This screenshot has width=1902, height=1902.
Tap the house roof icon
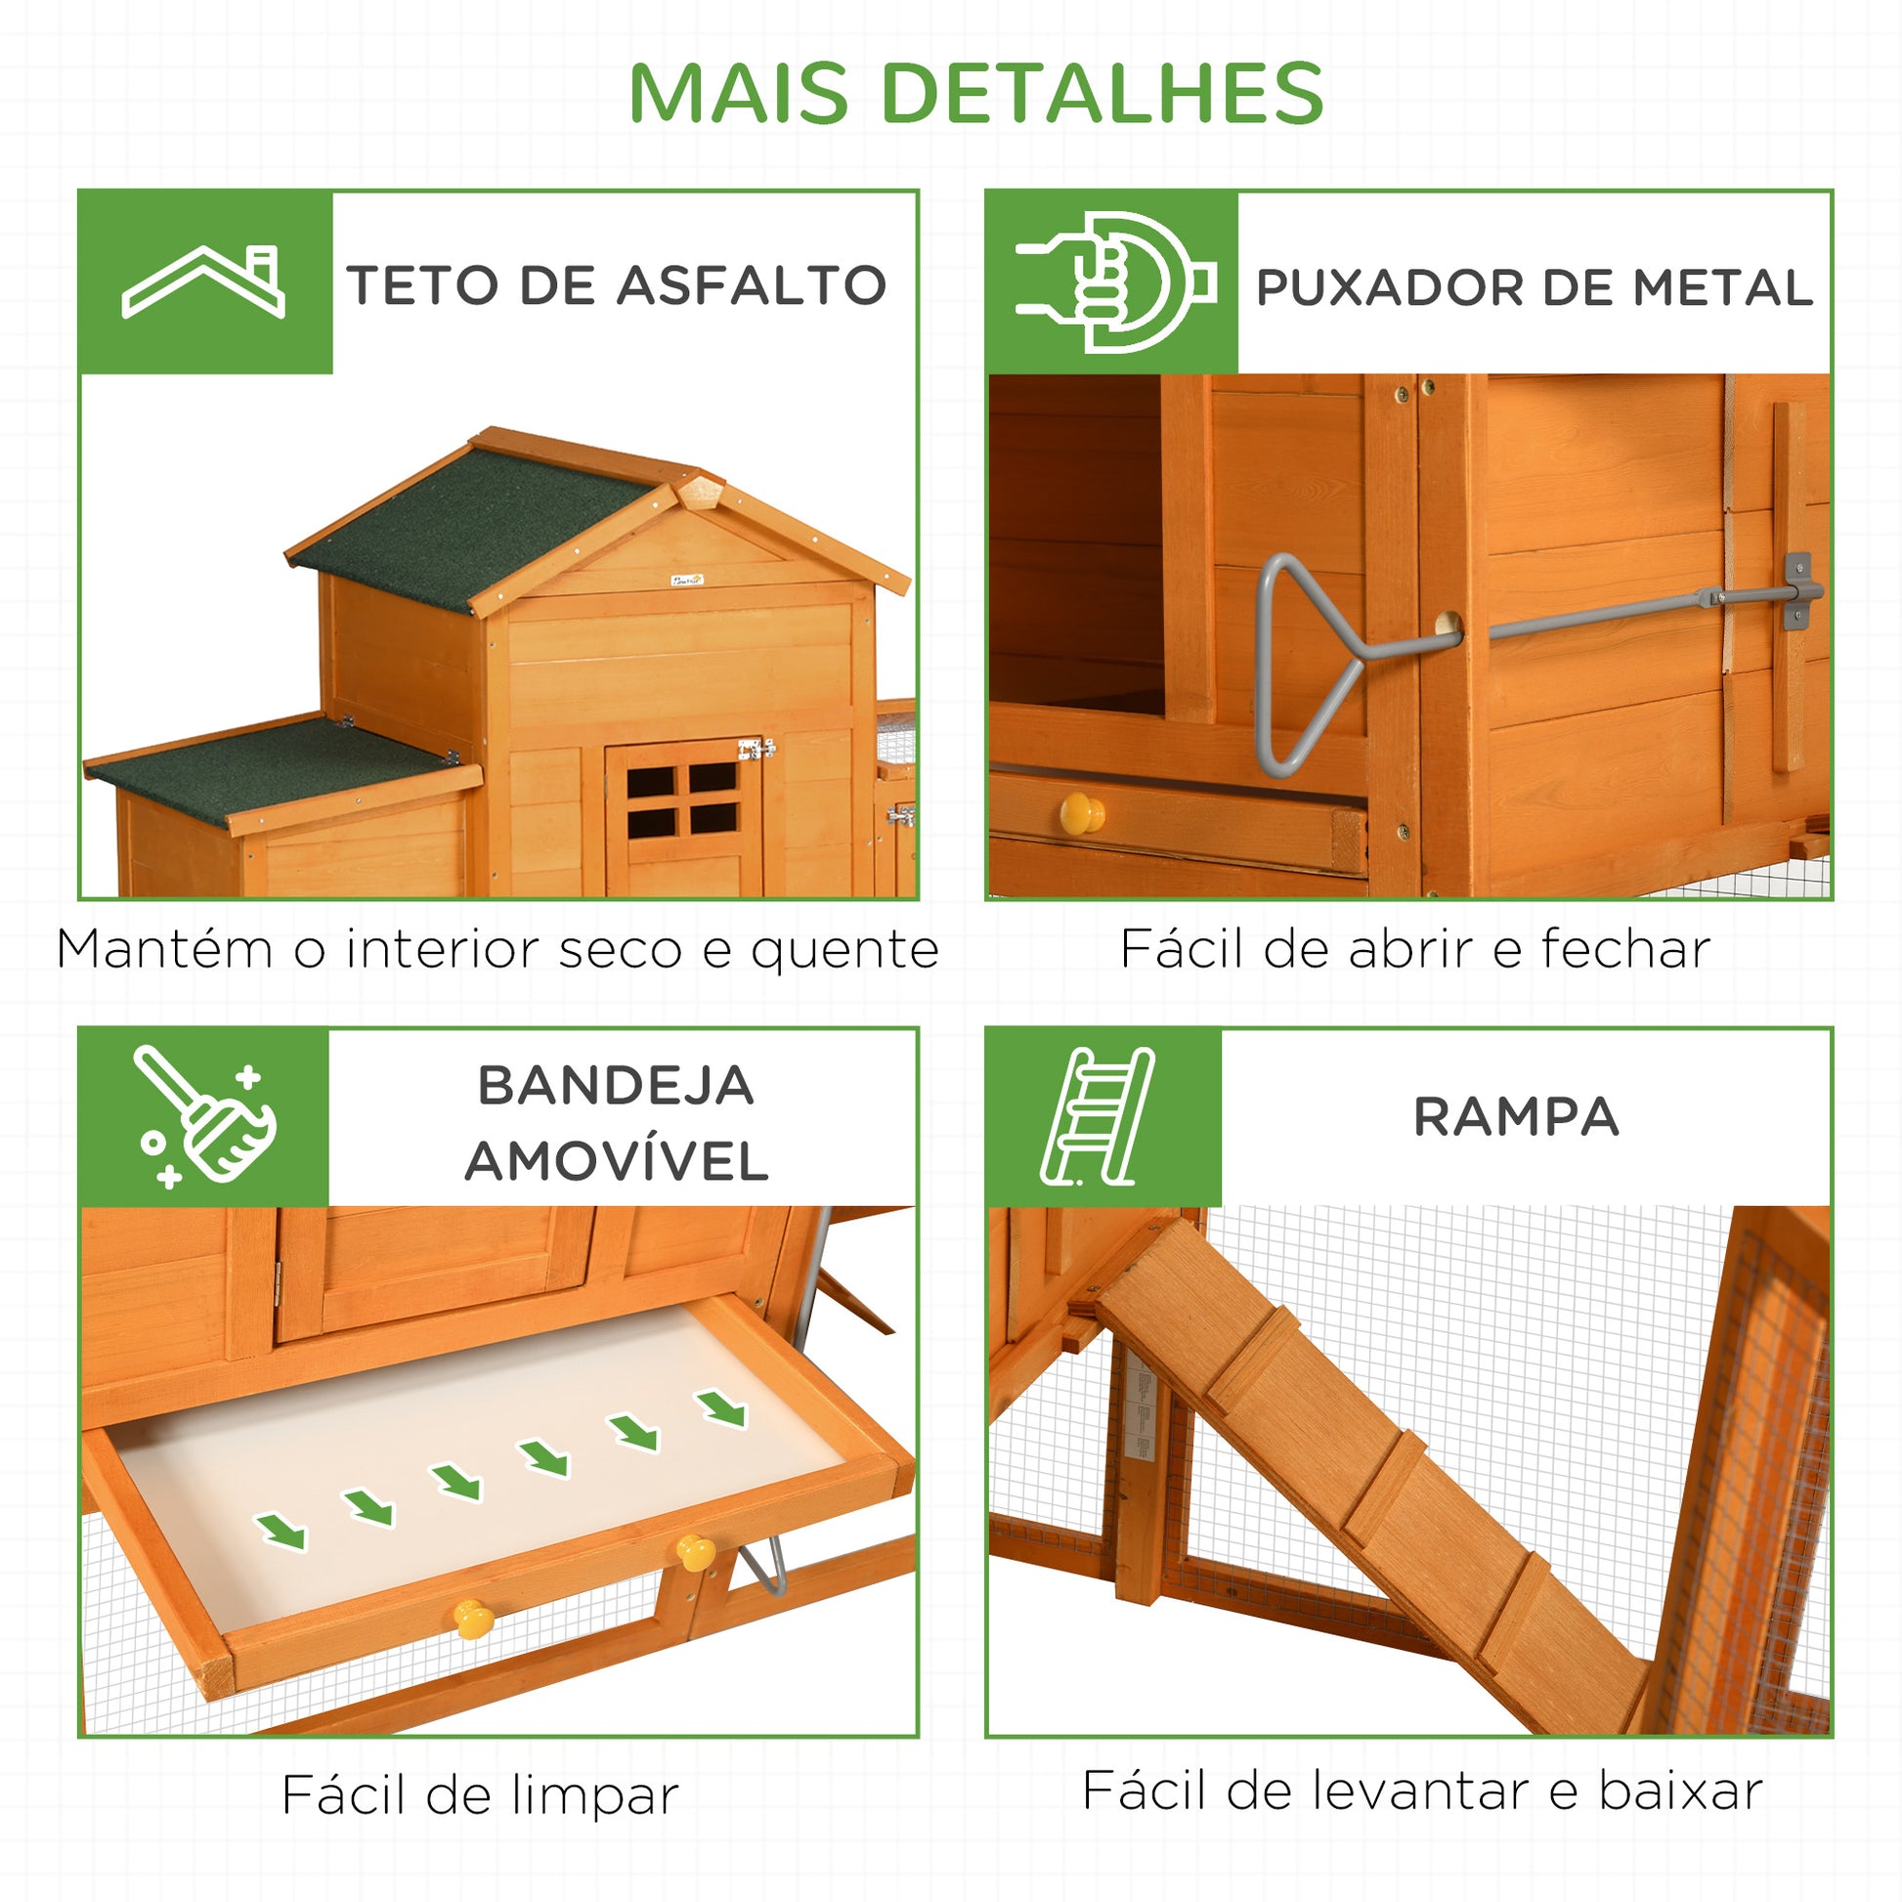point(203,281)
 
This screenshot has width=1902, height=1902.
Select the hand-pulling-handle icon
point(1115,282)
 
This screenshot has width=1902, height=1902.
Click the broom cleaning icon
point(206,1116)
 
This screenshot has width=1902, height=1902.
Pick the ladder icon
point(1097,1116)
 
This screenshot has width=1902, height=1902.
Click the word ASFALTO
point(753,285)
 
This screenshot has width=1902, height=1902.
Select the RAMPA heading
point(1516,1117)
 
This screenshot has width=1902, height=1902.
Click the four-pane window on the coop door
point(682,800)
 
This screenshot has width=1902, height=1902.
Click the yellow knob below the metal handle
point(1081,813)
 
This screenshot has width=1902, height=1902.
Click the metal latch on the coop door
point(756,750)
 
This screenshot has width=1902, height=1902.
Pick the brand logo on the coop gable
point(687,580)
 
